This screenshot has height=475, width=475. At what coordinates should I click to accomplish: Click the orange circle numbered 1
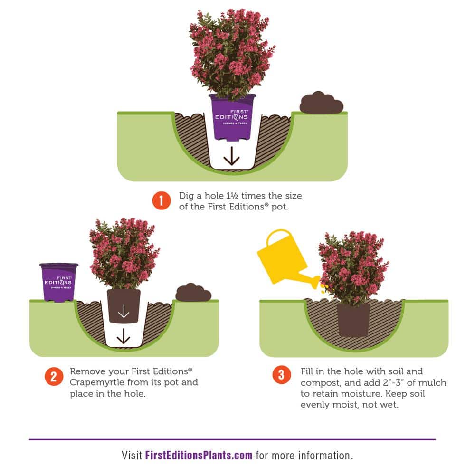(x=161, y=200)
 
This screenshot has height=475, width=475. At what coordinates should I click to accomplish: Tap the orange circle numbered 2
(x=54, y=377)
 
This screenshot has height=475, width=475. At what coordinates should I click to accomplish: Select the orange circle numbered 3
(x=281, y=375)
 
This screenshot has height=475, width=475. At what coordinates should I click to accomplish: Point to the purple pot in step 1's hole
(x=232, y=117)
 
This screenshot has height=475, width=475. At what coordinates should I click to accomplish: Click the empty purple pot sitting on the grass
(x=59, y=282)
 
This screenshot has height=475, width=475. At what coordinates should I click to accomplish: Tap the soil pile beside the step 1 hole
(x=322, y=103)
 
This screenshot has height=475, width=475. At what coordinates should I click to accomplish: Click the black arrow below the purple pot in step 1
(x=232, y=156)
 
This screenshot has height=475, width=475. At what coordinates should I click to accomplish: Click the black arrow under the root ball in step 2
(x=123, y=336)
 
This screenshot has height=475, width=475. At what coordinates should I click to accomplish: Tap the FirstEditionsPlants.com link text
(x=199, y=456)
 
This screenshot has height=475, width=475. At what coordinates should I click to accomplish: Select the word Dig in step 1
(x=186, y=196)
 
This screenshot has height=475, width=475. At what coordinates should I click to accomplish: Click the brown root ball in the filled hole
(x=353, y=320)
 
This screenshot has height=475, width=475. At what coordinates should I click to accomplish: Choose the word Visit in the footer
(x=132, y=456)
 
